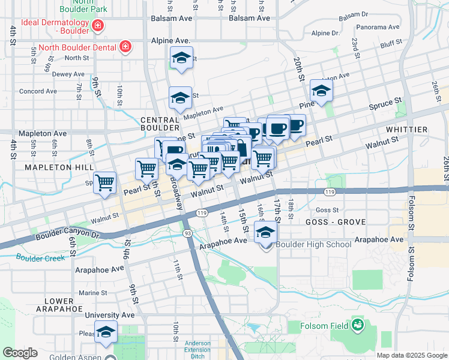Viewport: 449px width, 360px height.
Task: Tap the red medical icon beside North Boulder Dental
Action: tap(125, 47)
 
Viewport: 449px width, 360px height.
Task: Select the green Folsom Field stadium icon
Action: tap(358, 325)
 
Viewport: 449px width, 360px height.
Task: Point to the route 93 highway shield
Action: tap(188, 233)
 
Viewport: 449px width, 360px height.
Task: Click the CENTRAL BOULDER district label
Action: tap(160, 124)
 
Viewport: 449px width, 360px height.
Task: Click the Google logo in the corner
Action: tap(20, 353)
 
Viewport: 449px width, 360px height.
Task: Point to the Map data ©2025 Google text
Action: tap(412, 355)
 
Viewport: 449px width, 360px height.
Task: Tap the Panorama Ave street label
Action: tap(377, 27)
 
